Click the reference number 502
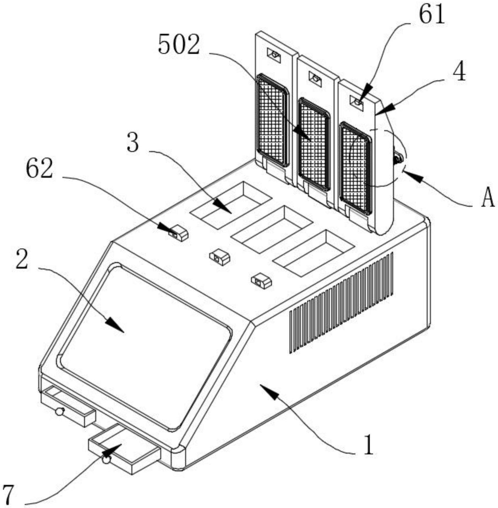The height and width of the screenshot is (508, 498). (x=179, y=45)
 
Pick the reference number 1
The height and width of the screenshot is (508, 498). (x=368, y=445)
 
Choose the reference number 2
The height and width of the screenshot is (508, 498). (x=22, y=259)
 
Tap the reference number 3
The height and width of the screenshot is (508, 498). (x=133, y=142)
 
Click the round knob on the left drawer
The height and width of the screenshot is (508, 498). (x=60, y=411)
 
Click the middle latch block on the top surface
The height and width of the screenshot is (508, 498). (x=220, y=257)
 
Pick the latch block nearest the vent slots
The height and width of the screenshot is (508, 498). (x=261, y=281)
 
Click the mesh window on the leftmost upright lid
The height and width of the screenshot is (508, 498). (x=272, y=120)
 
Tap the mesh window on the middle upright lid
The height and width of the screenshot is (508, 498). (x=313, y=145)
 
